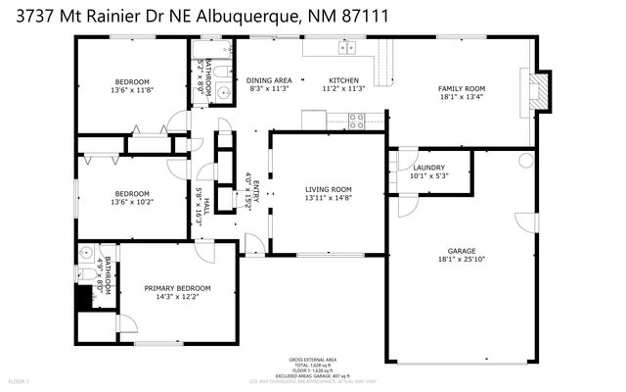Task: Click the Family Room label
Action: [462, 88]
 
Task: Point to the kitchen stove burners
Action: [357, 121]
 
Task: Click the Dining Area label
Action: [269, 80]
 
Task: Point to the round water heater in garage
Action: [526, 159]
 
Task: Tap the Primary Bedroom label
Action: [177, 288]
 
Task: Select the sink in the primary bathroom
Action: [85, 251]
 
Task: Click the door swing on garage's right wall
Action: [528, 220]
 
